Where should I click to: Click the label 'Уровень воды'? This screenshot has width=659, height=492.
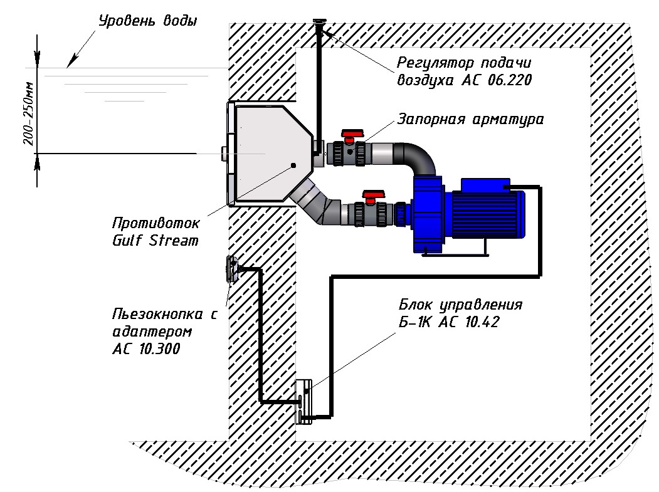tap(148, 21)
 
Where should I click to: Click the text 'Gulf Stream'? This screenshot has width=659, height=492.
tap(156, 240)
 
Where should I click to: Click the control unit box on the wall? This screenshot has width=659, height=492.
tap(304, 401)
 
